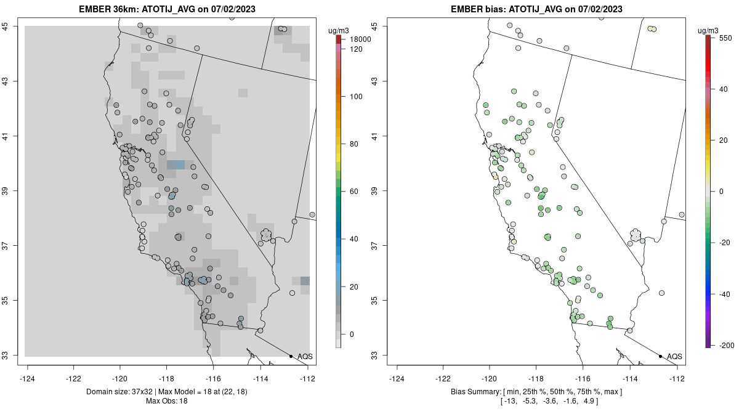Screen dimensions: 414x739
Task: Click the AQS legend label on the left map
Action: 305,357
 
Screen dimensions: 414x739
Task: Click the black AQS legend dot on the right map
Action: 660,356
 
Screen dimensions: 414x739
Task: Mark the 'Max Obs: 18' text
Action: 167,401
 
